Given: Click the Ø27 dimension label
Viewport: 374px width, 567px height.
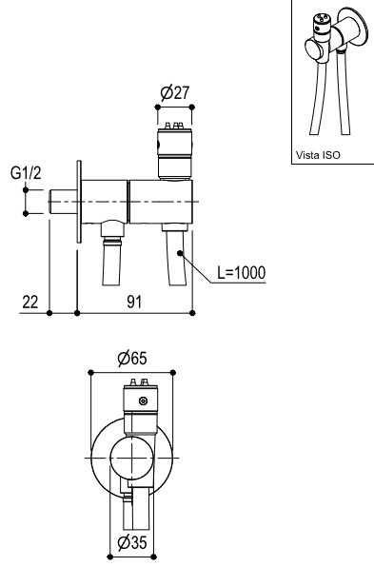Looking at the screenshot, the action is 175,92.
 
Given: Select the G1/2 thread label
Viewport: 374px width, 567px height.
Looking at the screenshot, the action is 26,173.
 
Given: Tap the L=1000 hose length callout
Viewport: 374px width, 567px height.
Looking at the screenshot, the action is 242,272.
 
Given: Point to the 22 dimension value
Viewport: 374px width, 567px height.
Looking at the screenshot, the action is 30,302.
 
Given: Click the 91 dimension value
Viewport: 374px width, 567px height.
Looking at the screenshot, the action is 134,302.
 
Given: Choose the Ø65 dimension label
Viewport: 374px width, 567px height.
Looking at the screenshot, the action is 132,359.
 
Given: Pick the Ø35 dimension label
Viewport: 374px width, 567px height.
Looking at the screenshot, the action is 132,542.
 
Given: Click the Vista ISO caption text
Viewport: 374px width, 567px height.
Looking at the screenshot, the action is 318,155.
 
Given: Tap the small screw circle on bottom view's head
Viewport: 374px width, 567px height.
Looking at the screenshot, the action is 144,401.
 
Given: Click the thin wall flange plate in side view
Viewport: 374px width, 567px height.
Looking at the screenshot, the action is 79,202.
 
